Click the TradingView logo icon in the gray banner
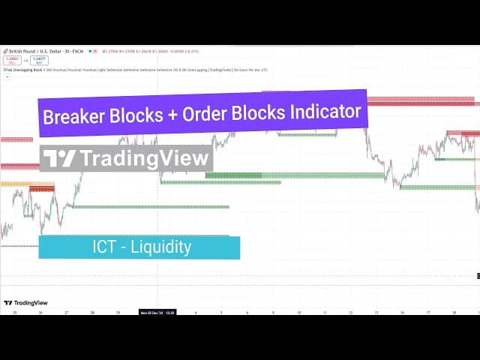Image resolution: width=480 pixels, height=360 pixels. (x=59, y=159)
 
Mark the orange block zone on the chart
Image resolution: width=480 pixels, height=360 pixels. (x=15, y=184)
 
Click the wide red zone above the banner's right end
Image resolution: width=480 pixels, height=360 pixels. (x=420, y=100)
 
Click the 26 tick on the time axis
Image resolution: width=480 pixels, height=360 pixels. (x=40, y=313)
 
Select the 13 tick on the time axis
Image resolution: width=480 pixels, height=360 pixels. (x=376, y=313)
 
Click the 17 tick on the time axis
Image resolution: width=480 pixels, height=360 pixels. (x=427, y=313)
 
